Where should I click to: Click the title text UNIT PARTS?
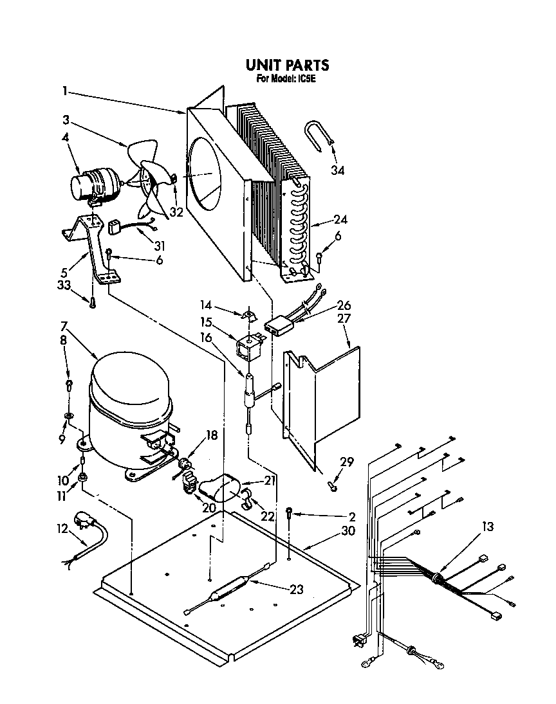pyautogui.click(x=288, y=65)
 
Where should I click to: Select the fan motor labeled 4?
pyautogui.click(x=94, y=184)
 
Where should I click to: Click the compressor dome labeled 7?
pyautogui.click(x=131, y=389)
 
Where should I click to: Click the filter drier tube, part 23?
pyautogui.click(x=225, y=588)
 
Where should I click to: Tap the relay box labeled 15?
pyautogui.click(x=248, y=349)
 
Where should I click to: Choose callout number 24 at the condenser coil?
pyautogui.click(x=340, y=219)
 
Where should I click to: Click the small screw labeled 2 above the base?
pyautogui.click(x=290, y=512)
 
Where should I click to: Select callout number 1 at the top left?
pyautogui.click(x=66, y=91)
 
